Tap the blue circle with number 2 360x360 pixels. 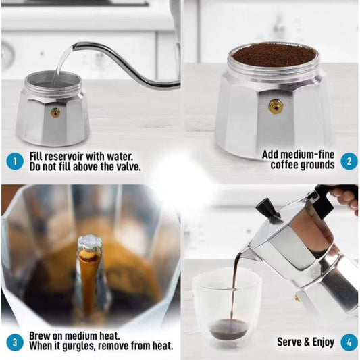click(x=349, y=160)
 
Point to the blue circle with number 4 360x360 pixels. click(x=349, y=342)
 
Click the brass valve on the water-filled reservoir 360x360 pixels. click(x=55, y=113)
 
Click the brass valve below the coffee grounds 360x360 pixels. click(x=275, y=106)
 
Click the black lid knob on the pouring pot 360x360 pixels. click(x=268, y=210)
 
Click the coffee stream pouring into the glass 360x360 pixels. click(x=234, y=284)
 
